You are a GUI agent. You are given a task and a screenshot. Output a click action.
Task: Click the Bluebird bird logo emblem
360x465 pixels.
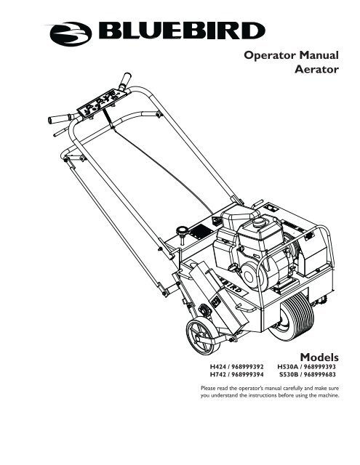(71, 34)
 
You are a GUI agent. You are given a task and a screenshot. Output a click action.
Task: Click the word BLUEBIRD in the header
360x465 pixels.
(182, 31)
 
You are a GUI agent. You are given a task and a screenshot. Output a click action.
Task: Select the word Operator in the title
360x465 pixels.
(265, 55)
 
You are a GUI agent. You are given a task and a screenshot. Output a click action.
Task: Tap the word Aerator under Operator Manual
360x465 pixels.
(316, 70)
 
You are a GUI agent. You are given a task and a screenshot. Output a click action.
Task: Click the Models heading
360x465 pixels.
(319, 357)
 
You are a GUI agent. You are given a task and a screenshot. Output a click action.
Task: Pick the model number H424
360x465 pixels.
(217, 366)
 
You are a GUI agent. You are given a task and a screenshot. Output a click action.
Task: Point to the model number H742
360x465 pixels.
(217, 375)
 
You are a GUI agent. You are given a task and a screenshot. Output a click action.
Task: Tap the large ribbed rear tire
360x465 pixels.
(292, 317)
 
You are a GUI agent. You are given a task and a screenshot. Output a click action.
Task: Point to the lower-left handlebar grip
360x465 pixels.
(60, 118)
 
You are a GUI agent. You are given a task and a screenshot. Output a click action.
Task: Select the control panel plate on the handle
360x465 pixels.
(102, 104)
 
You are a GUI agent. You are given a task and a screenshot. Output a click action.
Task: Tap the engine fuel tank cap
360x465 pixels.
(259, 221)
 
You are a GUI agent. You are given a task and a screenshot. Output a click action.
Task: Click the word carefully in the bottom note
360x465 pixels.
(293, 388)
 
